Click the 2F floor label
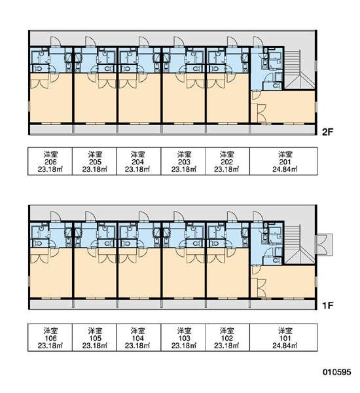[x=328, y=132]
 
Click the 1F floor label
[x=328, y=305]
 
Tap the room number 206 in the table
[x=50, y=162]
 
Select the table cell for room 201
[x=283, y=161]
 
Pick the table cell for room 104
[x=139, y=337]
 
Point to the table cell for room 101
[x=283, y=337]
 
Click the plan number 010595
[x=336, y=372]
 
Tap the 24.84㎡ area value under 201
[x=285, y=169]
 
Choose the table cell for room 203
[x=183, y=161]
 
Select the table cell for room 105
[x=94, y=337]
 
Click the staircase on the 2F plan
[x=298, y=69]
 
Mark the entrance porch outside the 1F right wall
[x=325, y=244]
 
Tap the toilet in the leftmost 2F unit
[x=39, y=68]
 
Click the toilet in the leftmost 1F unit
[x=39, y=243]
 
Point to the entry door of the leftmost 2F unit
[x=56, y=42]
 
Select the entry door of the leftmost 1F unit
[x=56, y=217]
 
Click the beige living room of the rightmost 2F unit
[x=288, y=107]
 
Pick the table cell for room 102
[x=228, y=337]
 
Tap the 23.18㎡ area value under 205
[x=95, y=169]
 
